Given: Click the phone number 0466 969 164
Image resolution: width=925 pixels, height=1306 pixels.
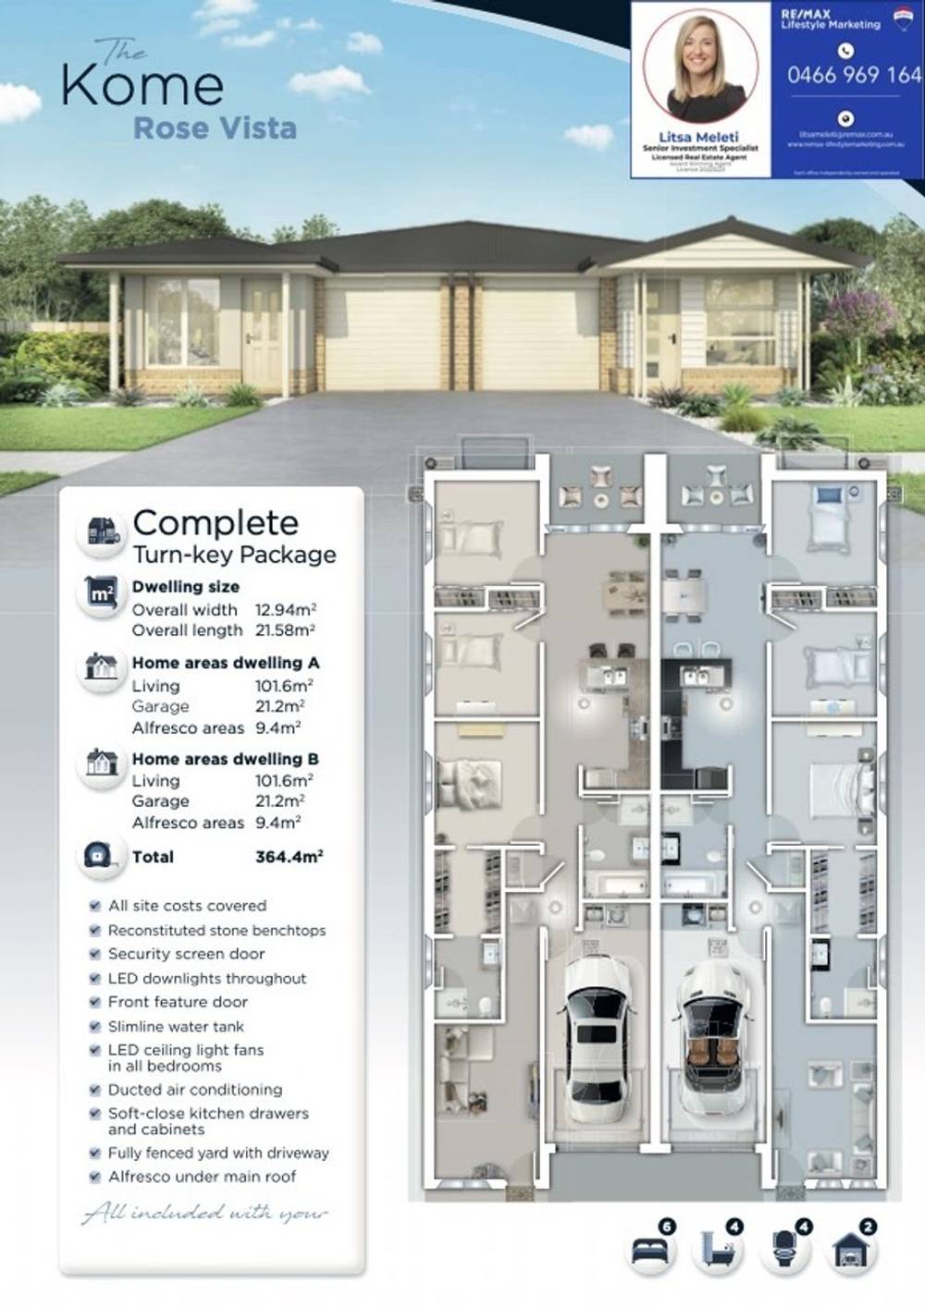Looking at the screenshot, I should [x=853, y=75].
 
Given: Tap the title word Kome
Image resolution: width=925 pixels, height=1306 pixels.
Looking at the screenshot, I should [x=142, y=85].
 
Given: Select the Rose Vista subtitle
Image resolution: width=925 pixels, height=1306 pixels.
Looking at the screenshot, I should [x=215, y=128].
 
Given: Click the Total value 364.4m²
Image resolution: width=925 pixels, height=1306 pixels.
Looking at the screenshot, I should [x=289, y=857].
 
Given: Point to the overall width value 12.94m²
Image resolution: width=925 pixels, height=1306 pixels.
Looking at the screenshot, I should [x=286, y=610].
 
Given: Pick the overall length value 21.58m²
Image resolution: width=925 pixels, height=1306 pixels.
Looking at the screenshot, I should [x=286, y=630].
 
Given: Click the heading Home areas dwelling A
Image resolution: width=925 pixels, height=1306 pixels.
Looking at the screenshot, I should [x=226, y=663].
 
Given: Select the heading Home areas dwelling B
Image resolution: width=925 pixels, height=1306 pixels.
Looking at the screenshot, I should [x=226, y=759].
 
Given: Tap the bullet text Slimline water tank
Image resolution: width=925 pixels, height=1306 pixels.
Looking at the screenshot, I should [x=176, y=1026].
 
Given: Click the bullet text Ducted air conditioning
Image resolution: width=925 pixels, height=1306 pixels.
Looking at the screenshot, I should [x=195, y=1090].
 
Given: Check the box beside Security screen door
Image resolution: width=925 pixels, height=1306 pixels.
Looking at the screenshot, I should [x=94, y=954].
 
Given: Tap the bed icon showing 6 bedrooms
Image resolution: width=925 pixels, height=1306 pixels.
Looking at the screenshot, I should [x=650, y=1251].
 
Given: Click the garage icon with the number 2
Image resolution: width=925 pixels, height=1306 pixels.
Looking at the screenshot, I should [x=851, y=1251].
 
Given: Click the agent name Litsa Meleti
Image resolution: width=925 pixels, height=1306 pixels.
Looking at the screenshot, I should [x=699, y=137].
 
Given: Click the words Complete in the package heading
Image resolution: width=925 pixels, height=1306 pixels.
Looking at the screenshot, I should [x=216, y=522].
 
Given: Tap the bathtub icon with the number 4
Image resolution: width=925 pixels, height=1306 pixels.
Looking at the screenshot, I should [x=717, y=1251].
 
